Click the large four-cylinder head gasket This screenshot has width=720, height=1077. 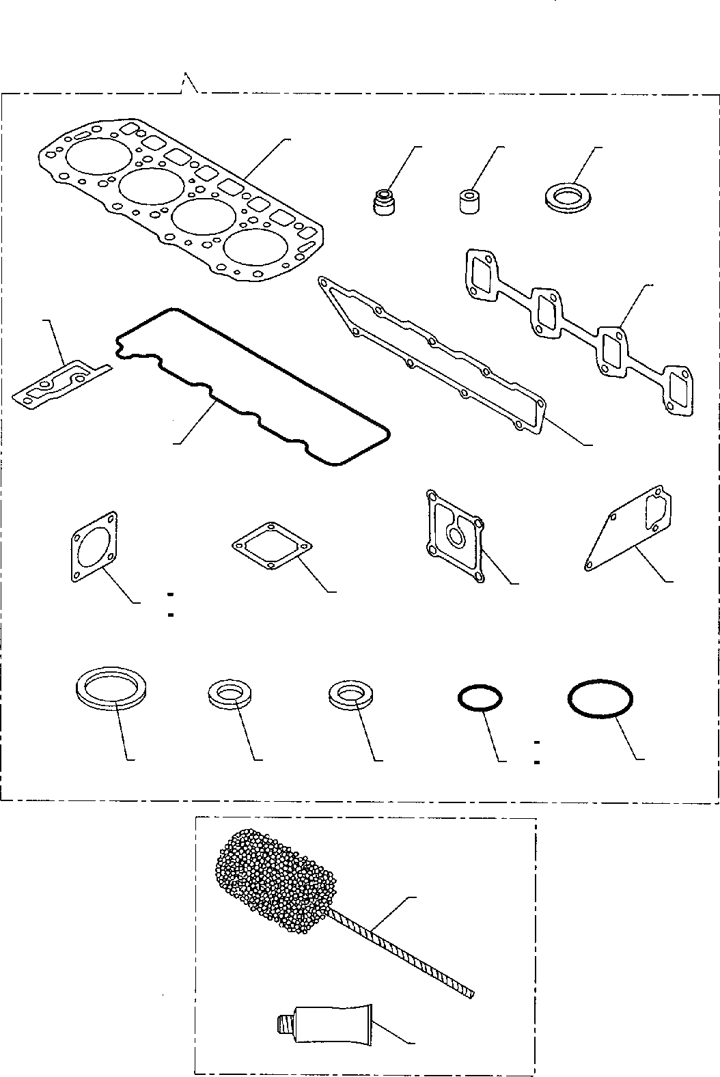(179, 198)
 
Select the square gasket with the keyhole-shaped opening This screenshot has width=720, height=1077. (454, 536)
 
